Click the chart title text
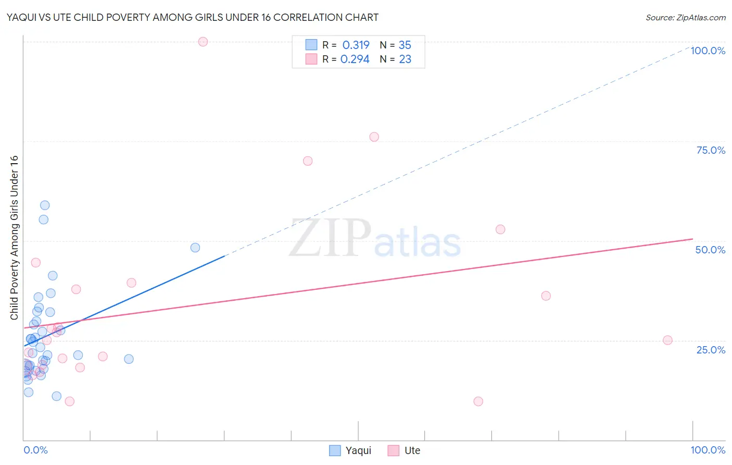click(192, 17)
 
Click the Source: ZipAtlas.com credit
click(685, 18)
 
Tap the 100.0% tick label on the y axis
click(708, 51)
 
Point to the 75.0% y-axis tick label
click(710, 150)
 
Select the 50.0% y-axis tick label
click(710, 250)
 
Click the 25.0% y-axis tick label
click(711, 349)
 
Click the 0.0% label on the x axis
click(35, 450)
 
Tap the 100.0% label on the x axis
click(708, 450)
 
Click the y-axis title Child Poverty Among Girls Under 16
click(14, 238)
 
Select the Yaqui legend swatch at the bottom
click(335, 450)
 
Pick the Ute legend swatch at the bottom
click(394, 450)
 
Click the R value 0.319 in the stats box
click(356, 45)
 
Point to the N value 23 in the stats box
click(405, 59)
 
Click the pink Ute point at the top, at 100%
click(203, 42)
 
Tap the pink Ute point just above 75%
click(374, 137)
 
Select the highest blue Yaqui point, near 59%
click(45, 205)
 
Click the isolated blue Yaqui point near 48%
click(195, 248)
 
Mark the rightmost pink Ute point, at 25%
click(667, 340)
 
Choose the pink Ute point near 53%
click(500, 229)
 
